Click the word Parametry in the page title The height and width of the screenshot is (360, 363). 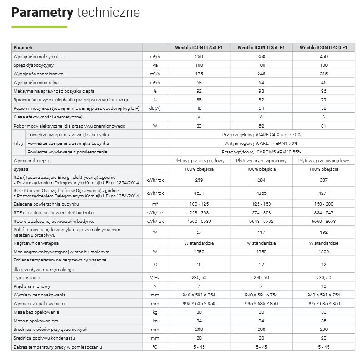[x=42, y=12]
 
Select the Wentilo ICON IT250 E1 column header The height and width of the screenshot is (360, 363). [x=199, y=47]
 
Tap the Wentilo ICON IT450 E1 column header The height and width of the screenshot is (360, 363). [x=324, y=47]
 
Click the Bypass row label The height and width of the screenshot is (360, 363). [x=21, y=169]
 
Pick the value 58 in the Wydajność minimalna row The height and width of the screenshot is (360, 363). [x=199, y=82]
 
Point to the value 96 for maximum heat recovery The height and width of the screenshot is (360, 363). [x=324, y=91]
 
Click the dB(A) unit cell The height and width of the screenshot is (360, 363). [x=155, y=108]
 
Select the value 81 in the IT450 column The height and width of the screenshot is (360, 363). [x=324, y=126]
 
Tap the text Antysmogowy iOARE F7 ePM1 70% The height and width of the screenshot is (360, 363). [x=261, y=143]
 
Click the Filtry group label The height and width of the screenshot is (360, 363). [x=18, y=143]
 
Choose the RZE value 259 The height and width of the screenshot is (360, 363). [x=199, y=180]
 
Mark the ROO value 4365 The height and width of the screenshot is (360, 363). [x=261, y=192]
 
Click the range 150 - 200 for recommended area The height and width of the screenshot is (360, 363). [x=324, y=204]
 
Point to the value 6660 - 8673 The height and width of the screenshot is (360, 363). [x=324, y=221]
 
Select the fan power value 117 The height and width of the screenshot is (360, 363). [x=261, y=232]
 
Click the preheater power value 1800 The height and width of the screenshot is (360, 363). [x=324, y=252]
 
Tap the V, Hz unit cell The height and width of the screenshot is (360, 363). [x=155, y=277]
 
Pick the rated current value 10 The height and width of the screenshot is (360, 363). [x=324, y=286]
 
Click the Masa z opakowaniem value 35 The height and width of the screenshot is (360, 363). [x=324, y=321]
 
